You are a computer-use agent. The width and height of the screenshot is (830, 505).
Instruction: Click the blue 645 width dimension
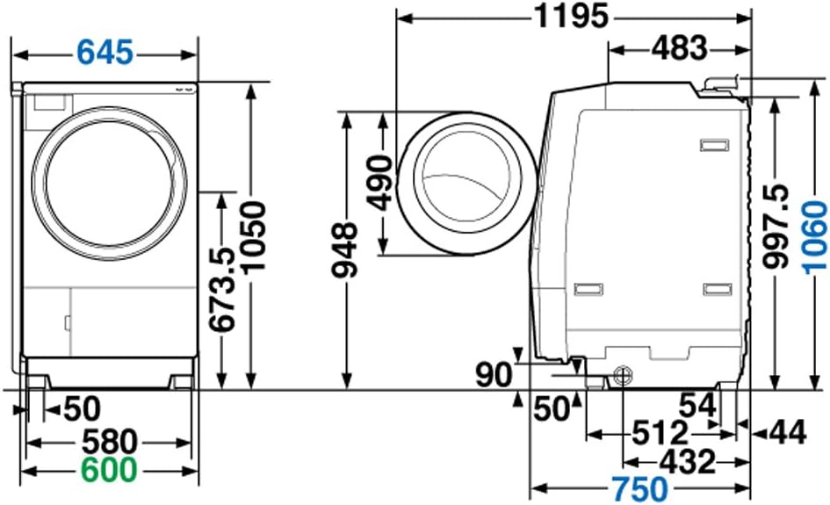(x=105, y=53)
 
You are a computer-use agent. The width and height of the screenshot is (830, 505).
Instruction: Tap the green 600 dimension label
(x=109, y=470)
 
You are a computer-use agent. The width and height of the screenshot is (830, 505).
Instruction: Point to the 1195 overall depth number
(x=572, y=16)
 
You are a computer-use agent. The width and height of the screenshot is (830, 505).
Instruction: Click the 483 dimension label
(x=679, y=48)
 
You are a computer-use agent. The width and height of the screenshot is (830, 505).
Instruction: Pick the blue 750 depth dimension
(x=640, y=489)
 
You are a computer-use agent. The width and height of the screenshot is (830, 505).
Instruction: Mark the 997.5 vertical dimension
(x=776, y=226)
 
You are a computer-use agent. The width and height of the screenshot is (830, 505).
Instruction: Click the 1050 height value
(x=252, y=236)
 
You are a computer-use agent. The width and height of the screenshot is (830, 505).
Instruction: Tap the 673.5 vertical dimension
(x=221, y=290)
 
